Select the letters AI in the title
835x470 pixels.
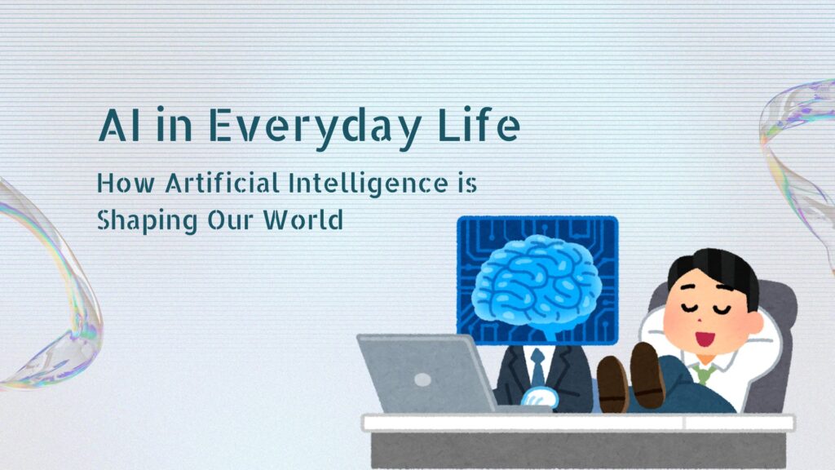pos(119,125)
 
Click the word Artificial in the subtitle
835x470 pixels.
pos(222,184)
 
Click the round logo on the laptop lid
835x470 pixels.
pos(423,379)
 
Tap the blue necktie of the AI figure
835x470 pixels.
pos(537,368)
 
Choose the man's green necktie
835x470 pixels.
pos(704,372)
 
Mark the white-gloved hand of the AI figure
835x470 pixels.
pos(540,398)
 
